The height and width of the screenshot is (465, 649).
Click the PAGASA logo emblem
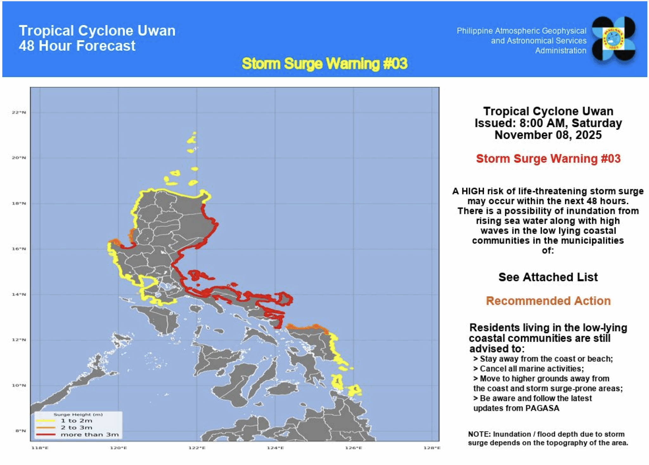tap(614, 39)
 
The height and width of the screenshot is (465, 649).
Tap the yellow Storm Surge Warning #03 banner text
tap(324, 64)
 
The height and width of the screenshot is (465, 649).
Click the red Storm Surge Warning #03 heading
tap(548, 158)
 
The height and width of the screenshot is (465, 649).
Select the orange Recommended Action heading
tap(548, 301)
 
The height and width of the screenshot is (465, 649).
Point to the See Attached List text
tap(548, 277)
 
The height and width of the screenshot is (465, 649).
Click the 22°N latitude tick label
tap(19, 112)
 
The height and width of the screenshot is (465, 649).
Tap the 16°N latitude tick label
tap(19, 249)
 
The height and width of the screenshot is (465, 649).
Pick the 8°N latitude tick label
tap(21, 430)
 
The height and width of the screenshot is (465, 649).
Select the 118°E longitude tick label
tap(40, 448)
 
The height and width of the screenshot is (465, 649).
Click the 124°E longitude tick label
tap(275, 448)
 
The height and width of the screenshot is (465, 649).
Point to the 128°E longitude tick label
tap(432, 448)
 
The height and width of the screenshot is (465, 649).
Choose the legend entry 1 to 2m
tap(76, 421)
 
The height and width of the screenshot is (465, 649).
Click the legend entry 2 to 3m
tap(76, 428)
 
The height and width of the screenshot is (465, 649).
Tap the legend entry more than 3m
tap(90, 435)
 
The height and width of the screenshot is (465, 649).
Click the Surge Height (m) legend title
tap(78, 414)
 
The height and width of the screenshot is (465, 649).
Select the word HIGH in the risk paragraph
tap(473, 191)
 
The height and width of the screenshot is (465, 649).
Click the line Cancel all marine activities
tap(531, 369)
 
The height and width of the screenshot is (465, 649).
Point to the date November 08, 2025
tap(548, 135)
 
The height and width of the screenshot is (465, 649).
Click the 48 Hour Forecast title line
tap(77, 46)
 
